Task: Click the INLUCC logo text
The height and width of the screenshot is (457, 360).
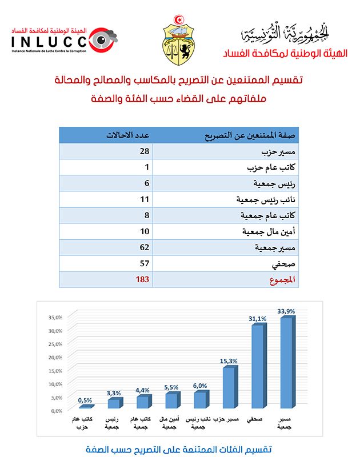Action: (49, 41)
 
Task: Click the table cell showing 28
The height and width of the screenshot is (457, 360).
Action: (144, 151)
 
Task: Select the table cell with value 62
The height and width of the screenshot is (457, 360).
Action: (144, 247)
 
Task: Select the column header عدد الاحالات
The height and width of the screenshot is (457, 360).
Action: (129, 135)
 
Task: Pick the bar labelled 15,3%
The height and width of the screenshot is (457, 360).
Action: (229, 388)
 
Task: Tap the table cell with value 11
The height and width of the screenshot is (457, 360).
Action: (144, 199)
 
